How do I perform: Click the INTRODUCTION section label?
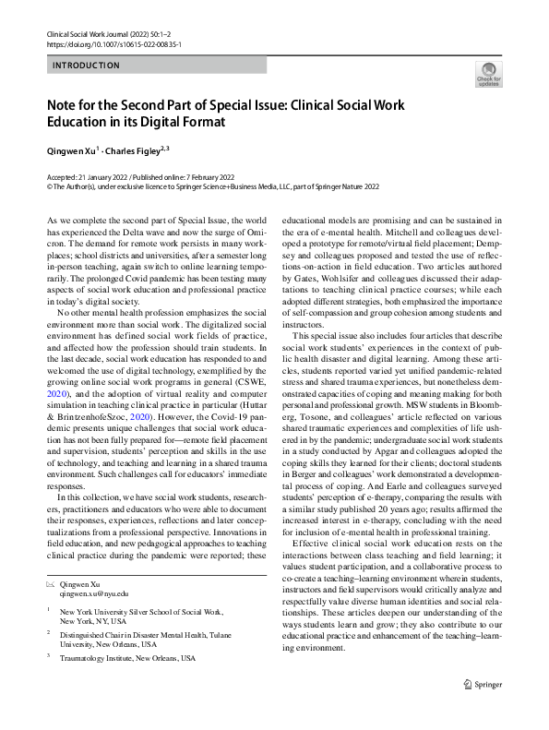tap(86, 66)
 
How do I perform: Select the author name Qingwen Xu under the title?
tap(74, 148)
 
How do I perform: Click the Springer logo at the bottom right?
tap(484, 709)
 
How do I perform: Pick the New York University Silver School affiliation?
tap(140, 611)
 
